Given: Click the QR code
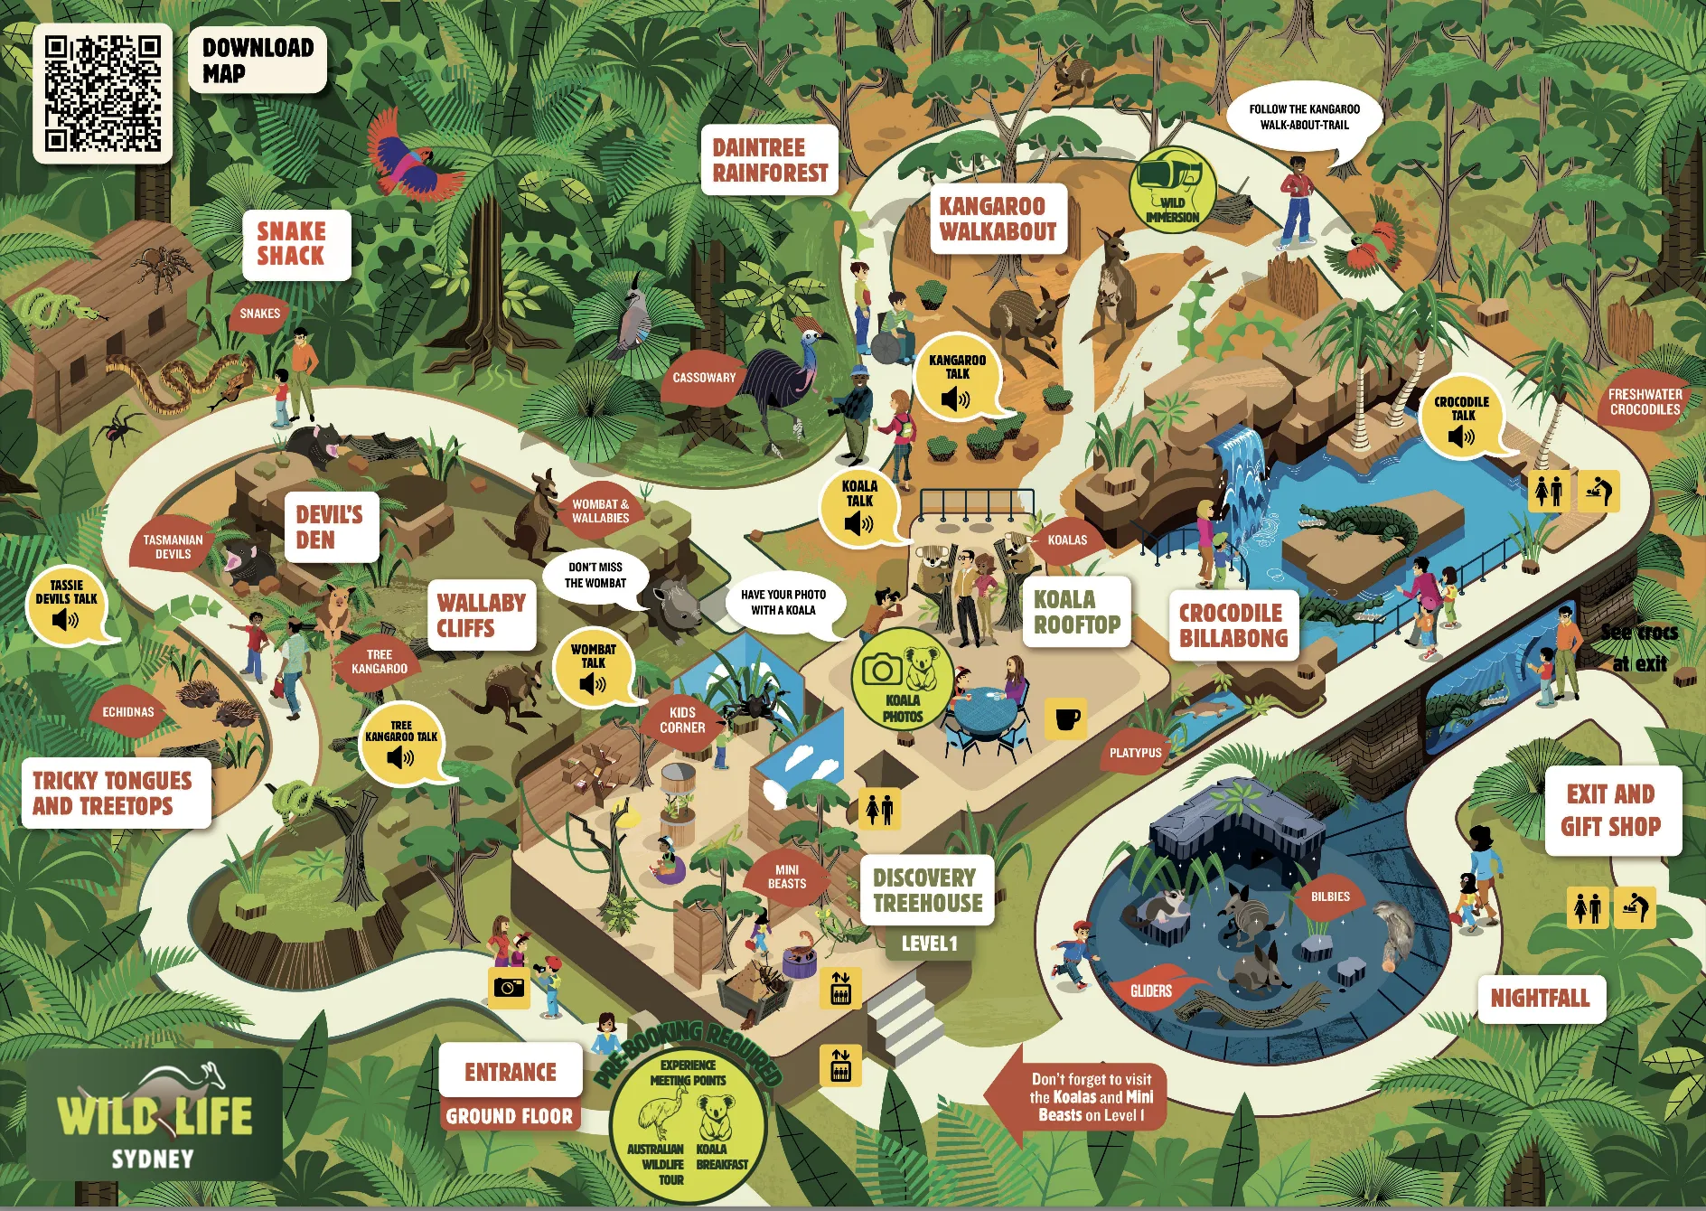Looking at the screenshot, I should click(102, 93).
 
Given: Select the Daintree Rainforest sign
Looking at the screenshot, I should click(770, 160).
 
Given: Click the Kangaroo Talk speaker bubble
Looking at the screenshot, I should click(957, 379).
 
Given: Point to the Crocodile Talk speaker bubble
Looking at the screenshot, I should click(1461, 418).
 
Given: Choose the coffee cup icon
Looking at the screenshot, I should click(1067, 718).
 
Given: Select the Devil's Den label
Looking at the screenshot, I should click(330, 527).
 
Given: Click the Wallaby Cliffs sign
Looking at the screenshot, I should click(481, 615).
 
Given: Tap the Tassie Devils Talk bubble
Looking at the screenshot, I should click(66, 605).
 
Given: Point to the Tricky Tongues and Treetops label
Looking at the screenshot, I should click(114, 793).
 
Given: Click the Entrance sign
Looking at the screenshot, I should click(511, 1072).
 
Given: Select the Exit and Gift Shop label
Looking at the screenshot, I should click(1611, 810).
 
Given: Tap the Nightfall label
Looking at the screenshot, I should click(1540, 998).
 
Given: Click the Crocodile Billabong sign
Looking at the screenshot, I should click(1233, 624).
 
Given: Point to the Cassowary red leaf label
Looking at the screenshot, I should click(704, 378).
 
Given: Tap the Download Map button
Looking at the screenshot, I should click(258, 60).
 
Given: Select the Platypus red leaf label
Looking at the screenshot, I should click(1135, 752).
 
